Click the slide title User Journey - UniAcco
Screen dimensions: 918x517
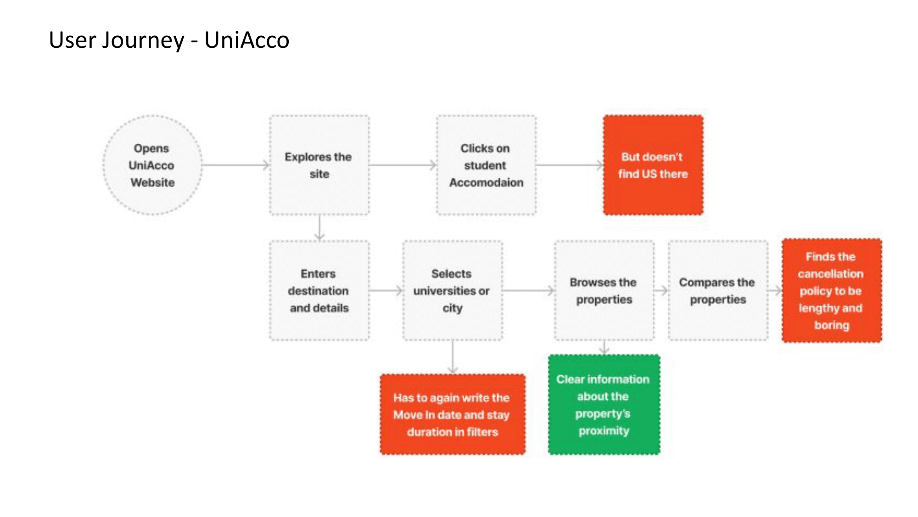point(169,40)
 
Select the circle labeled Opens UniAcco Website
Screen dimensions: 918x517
point(152,165)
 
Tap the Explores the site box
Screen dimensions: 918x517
point(319,165)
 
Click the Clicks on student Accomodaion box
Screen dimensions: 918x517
point(487,165)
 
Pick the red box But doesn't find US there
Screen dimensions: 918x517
point(653,165)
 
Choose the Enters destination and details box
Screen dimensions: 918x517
point(319,290)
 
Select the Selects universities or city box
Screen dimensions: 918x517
point(453,290)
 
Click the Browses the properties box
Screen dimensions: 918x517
point(604,290)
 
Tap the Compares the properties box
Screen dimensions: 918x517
point(718,290)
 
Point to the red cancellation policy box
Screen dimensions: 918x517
point(832,290)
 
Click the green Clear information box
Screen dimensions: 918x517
point(604,405)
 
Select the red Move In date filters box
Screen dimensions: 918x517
point(453,415)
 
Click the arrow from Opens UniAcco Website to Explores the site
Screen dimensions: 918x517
point(236,165)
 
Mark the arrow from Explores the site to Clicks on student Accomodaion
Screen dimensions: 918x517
point(403,165)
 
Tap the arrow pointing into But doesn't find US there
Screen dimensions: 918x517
point(570,165)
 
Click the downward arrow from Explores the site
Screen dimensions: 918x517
point(319,228)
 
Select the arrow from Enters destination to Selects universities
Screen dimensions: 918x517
point(386,290)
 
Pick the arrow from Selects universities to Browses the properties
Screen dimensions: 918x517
point(529,290)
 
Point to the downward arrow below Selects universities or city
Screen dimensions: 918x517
point(453,357)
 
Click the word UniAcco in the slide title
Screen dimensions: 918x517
point(247,40)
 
